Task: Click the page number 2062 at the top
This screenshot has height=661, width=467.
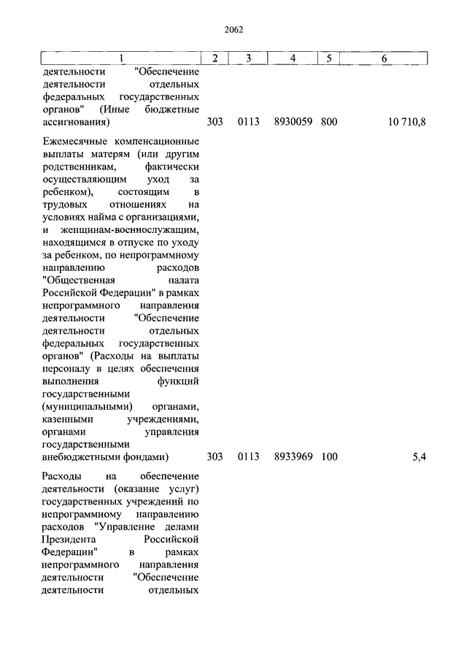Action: tap(233, 30)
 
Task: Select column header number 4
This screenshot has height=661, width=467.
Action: tap(292, 58)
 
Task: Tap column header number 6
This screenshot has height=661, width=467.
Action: tap(385, 58)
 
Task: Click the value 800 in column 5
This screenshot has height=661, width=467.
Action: tap(329, 122)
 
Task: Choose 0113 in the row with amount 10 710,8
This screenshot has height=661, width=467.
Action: tap(248, 122)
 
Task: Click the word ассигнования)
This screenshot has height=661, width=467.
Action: tap(76, 122)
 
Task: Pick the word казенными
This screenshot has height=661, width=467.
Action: tap(68, 419)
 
